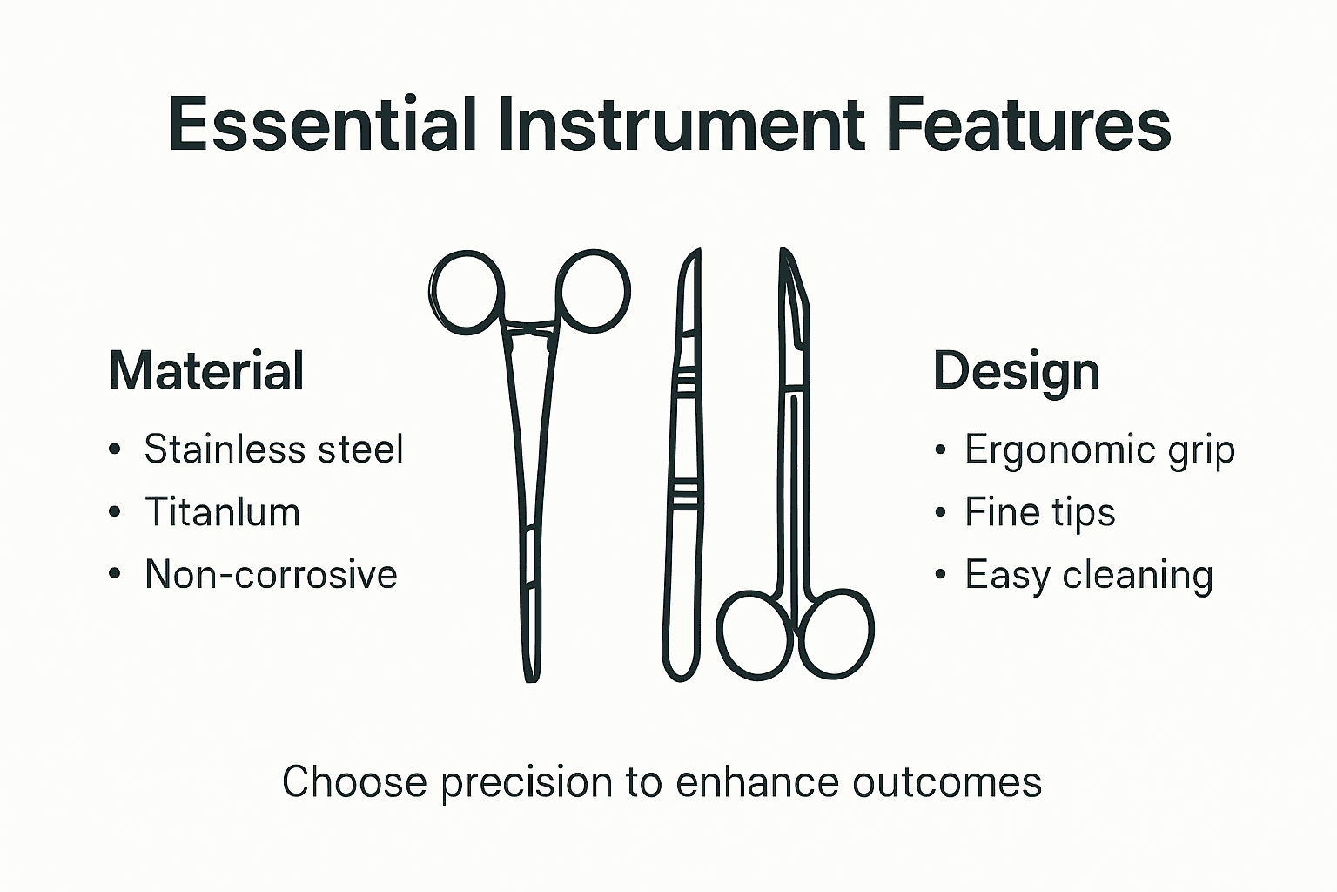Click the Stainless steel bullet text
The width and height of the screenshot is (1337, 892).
coord(273,449)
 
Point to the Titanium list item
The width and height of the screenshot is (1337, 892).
coord(222,512)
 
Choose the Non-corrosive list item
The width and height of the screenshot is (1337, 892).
coord(271,575)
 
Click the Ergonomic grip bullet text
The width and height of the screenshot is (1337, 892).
coord(1099,449)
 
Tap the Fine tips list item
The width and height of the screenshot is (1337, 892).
coord(1039,512)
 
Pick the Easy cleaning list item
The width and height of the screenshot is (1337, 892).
coord(1088,575)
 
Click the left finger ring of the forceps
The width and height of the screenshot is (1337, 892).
coord(468,292)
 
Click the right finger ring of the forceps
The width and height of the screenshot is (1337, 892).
coord(594,292)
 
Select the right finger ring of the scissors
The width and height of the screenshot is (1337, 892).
coord(836,634)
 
